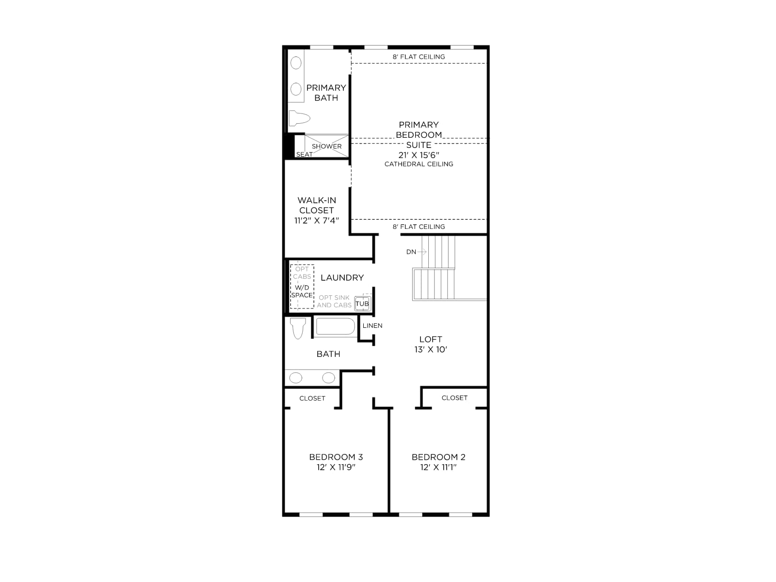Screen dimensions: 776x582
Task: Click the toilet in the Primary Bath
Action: tap(299, 118)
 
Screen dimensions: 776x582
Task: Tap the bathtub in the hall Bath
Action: tap(336, 326)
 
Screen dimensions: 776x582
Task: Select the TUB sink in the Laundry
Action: tap(362, 304)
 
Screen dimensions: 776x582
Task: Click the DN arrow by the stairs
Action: tap(422, 252)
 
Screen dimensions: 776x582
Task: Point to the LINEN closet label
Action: tap(372, 325)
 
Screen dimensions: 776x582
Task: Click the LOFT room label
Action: tap(431, 339)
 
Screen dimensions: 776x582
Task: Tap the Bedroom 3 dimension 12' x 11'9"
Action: tap(336, 467)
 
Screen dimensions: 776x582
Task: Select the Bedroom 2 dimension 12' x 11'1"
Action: tap(438, 467)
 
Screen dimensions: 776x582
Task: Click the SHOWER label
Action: tap(327, 146)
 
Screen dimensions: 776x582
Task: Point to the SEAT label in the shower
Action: tap(305, 154)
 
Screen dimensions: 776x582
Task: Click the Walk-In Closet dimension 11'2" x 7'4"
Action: tap(317, 221)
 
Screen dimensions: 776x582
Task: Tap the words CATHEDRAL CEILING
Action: tap(419, 164)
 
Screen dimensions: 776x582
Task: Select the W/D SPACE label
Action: tap(302, 291)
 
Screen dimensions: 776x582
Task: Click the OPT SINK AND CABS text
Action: tap(334, 301)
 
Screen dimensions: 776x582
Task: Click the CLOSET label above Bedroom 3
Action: tap(312, 398)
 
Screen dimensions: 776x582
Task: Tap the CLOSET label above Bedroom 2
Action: tap(454, 398)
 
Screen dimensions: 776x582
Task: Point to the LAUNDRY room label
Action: tap(342, 278)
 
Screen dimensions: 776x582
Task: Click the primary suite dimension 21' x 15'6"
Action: tap(419, 155)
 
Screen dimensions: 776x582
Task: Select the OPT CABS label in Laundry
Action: tap(302, 273)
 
